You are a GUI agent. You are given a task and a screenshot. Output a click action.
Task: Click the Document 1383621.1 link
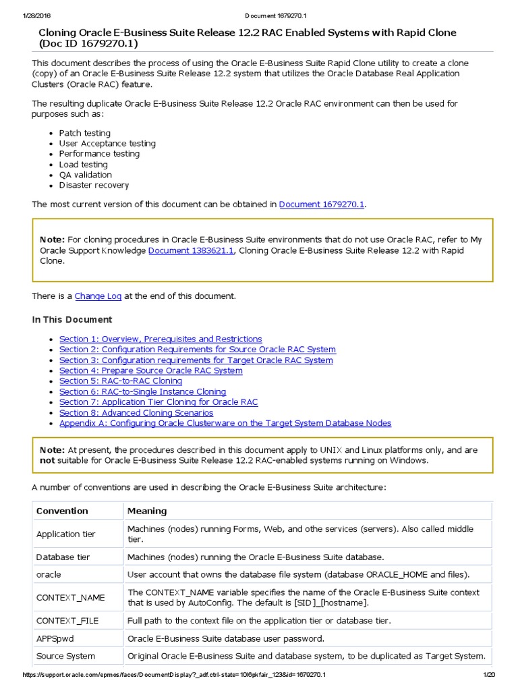191,250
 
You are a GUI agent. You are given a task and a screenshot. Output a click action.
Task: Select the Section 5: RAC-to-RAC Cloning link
121,381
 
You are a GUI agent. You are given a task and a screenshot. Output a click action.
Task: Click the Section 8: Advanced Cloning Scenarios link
136,412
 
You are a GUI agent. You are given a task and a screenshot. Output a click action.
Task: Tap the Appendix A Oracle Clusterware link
225,423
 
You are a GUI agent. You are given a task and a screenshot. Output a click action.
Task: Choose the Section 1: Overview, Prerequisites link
161,339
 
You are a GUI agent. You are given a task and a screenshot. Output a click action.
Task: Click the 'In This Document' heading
72,319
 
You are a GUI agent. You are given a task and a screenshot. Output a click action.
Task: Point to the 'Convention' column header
62,511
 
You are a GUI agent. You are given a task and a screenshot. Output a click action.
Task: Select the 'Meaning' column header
147,511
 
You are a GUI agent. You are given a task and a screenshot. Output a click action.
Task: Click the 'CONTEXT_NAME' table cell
71,598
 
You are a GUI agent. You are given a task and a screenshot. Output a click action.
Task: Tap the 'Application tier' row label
66,534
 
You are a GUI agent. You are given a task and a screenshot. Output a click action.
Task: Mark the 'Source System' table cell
65,656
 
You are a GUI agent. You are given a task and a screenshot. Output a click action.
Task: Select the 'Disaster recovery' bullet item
94,185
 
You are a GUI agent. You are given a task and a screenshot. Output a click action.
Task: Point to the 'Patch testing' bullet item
84,133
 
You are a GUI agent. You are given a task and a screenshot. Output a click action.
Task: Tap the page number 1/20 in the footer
489,675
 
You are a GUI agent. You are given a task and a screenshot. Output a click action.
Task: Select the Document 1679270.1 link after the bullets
322,204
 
